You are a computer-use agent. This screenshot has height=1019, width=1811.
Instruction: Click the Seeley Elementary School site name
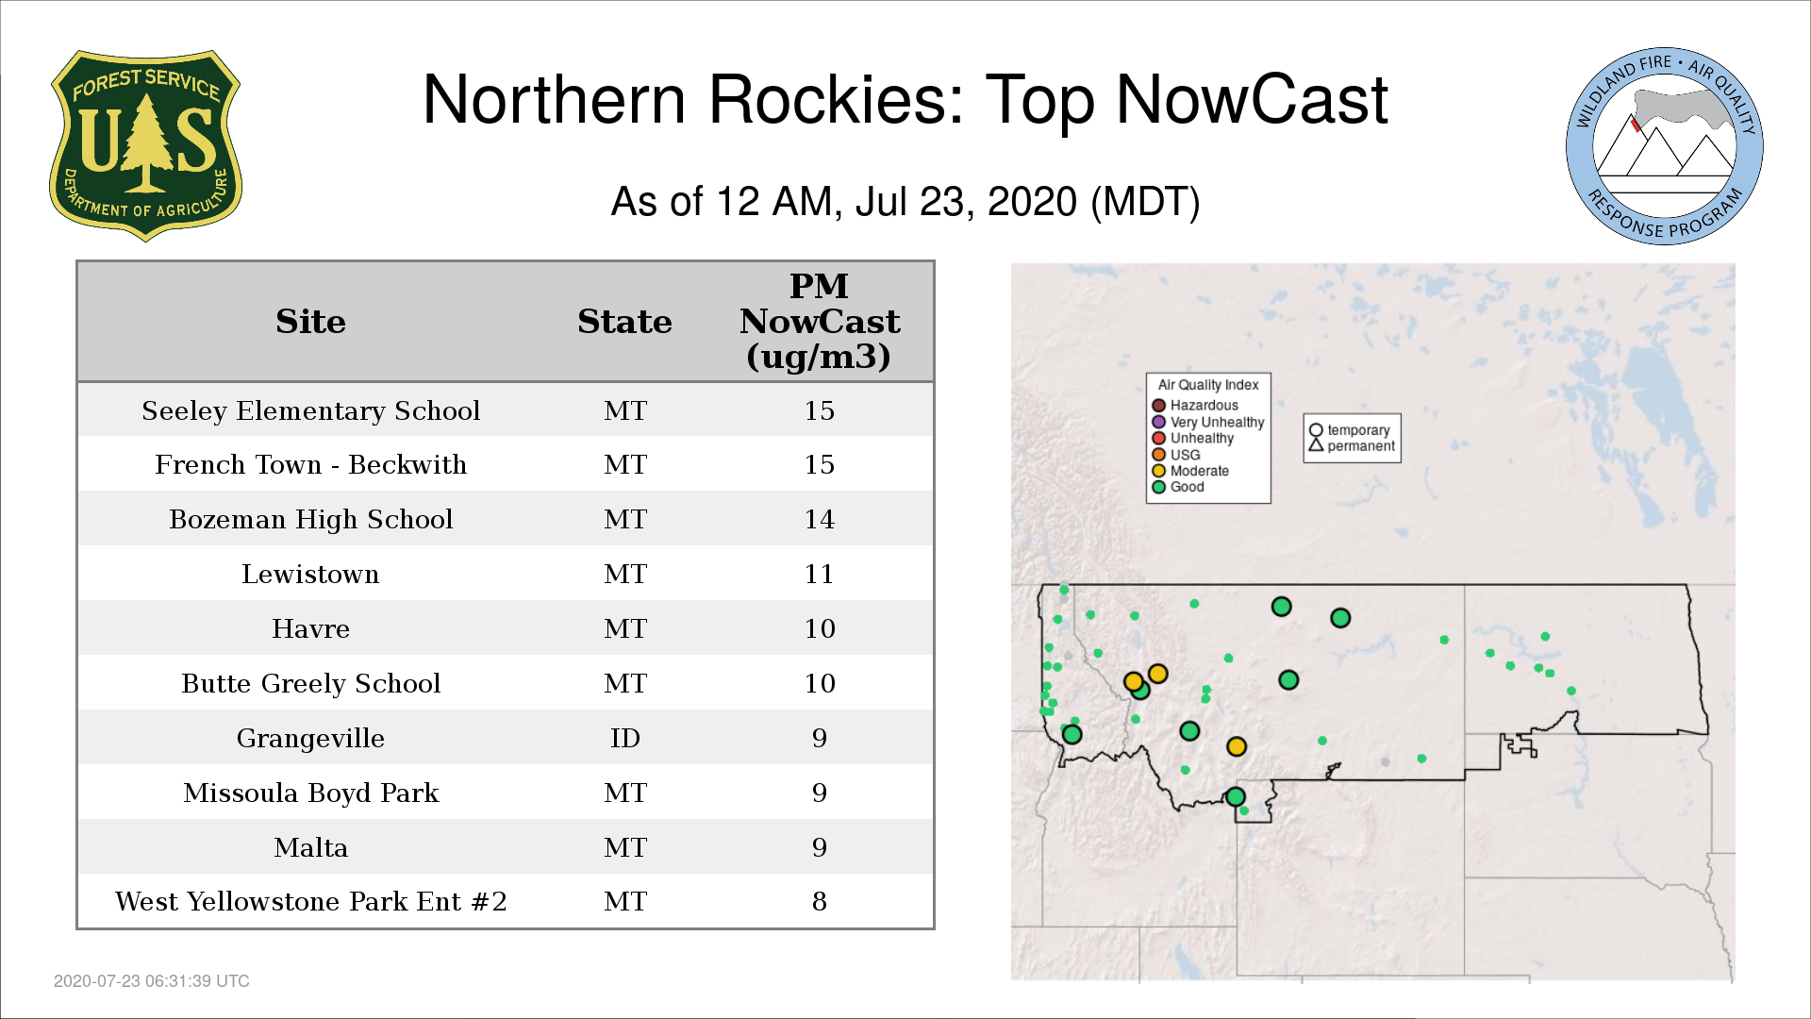pos(310,410)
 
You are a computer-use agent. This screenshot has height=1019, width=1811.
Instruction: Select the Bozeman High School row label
pos(310,519)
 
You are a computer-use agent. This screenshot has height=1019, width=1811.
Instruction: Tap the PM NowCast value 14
pos(819,519)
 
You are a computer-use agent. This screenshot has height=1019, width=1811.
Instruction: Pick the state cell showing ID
pos(625,738)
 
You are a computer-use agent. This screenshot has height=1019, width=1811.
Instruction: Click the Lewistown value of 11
pos(819,574)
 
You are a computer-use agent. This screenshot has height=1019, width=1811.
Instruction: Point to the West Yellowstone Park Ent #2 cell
pos(310,901)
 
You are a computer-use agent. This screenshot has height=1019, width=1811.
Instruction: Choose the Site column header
pos(310,322)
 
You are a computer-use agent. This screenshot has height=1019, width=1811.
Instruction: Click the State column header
pos(624,322)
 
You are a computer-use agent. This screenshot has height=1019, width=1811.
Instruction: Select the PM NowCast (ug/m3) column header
pos(819,321)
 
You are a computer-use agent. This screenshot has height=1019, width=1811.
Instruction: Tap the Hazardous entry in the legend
pos(1195,406)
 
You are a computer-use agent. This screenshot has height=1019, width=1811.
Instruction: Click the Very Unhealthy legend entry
pos(1208,422)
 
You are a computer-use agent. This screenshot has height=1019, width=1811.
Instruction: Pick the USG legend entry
pos(1176,455)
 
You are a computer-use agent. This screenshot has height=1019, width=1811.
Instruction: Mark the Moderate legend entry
pos(1190,471)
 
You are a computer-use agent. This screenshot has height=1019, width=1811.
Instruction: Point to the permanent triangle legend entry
pos(1352,445)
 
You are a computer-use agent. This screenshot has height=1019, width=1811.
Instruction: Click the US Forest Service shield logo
pos(145,146)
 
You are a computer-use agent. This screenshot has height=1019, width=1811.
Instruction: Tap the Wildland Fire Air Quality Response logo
pos(1665,146)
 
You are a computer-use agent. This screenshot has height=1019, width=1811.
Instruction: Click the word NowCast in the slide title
pos(1252,100)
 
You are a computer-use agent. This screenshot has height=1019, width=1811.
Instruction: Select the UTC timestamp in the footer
pos(152,981)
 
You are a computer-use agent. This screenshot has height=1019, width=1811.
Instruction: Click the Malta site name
pos(310,847)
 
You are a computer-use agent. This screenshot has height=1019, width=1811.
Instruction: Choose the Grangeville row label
pos(310,738)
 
